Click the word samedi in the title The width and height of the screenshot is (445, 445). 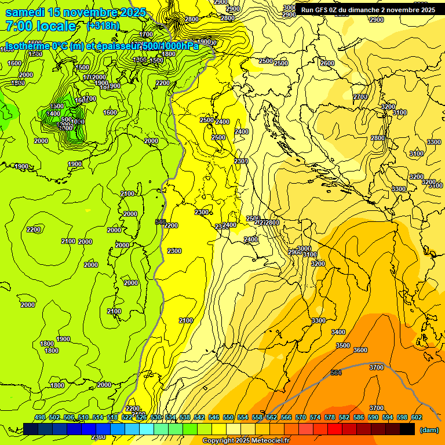(x=24, y=13)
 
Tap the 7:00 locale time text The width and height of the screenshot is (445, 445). (x=41, y=26)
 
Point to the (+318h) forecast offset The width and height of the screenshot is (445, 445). (x=103, y=26)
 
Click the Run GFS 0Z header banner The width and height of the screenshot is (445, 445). (x=368, y=10)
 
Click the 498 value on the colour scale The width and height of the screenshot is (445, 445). (x=40, y=417)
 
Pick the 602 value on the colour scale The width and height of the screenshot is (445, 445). (x=416, y=417)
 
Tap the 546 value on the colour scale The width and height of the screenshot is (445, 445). (x=214, y=417)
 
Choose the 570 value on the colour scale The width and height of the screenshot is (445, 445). (x=300, y=417)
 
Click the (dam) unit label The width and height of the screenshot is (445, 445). (x=428, y=429)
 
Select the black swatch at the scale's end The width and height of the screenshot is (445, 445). (x=407, y=429)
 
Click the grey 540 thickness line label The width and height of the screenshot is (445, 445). (x=161, y=222)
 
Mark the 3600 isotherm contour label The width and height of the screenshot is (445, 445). (x=360, y=350)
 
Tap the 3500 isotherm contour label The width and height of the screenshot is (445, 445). (x=343, y=345)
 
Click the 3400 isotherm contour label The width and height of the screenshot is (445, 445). (x=338, y=332)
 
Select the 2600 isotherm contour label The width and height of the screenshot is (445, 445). (x=327, y=63)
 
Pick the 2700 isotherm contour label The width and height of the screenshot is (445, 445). (x=360, y=97)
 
